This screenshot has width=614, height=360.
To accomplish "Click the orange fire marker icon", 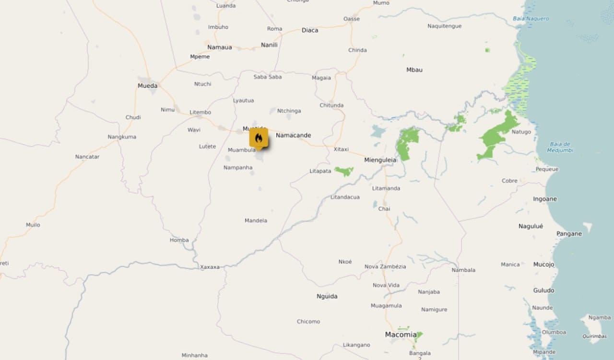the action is (x=259, y=138).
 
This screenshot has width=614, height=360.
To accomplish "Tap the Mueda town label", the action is (x=147, y=86).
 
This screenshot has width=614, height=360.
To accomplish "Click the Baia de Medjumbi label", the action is (x=560, y=147).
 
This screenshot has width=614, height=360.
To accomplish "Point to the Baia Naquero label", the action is (x=531, y=19).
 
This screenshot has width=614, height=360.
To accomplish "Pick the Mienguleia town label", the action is (x=380, y=160).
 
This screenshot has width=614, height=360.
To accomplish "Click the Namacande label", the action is (x=293, y=135).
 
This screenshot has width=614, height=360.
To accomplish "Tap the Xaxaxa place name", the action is (x=210, y=267).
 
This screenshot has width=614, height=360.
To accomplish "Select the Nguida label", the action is (x=327, y=296).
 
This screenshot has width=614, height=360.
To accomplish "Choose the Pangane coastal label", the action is (x=569, y=234).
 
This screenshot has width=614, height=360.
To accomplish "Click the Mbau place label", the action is (x=414, y=70).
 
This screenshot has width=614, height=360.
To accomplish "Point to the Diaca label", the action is (x=309, y=30).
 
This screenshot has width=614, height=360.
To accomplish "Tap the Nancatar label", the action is (x=87, y=157).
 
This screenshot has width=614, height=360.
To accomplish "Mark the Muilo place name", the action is (x=33, y=225).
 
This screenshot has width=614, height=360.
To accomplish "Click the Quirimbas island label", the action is (x=595, y=336).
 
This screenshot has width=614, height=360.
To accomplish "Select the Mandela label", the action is (x=256, y=221).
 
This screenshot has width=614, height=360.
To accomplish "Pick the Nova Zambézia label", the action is (x=385, y=267).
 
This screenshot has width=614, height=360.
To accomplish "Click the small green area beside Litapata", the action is (x=344, y=171).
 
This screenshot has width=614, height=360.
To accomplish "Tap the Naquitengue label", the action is (x=444, y=26).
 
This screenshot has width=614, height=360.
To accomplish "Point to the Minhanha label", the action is (x=194, y=355).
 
